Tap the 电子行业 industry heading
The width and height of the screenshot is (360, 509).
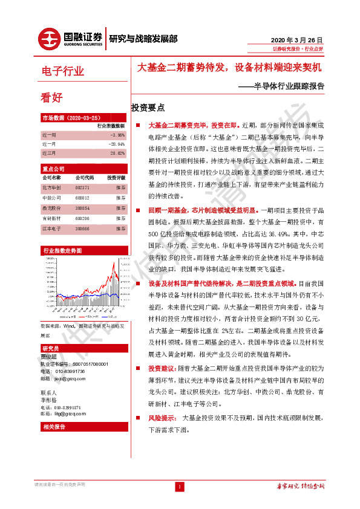click(x=62, y=71)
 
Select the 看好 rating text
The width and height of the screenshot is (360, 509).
click(x=51, y=97)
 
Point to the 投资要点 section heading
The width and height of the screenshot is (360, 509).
click(x=148, y=108)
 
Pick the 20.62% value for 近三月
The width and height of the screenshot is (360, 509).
click(x=117, y=154)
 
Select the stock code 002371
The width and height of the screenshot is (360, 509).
click(x=83, y=188)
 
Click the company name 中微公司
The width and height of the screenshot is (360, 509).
click(x=51, y=198)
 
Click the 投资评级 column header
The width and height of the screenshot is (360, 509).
click(x=116, y=178)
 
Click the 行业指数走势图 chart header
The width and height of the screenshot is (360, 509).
click(x=63, y=250)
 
